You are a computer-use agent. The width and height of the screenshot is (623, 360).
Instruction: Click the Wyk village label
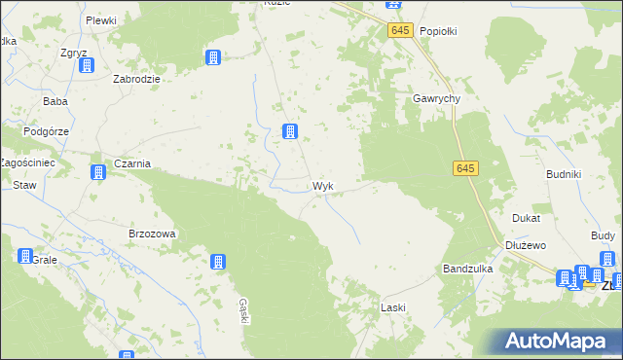tap(324, 185)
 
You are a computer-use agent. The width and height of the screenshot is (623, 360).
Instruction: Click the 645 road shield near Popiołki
tap(400, 31)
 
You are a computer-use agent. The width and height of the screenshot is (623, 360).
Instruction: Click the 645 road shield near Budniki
tap(465, 169)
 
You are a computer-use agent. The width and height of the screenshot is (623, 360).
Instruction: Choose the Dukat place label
tap(526, 219)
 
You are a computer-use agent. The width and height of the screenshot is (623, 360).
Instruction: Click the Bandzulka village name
tap(467, 268)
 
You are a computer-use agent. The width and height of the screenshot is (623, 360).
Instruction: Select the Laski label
tap(392, 307)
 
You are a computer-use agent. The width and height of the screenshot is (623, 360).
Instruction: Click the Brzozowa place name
tap(152, 234)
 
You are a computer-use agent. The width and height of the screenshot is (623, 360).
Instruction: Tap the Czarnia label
tap(132, 163)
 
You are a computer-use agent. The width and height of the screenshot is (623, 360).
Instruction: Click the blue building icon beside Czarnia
tap(98, 173)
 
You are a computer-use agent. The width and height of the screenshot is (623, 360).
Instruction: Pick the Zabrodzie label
tap(137, 79)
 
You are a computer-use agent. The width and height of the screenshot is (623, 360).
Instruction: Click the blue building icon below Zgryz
tap(87, 65)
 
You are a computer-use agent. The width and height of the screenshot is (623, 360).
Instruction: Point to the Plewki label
tap(100, 20)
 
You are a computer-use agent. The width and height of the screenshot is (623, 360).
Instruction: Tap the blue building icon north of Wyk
tap(289, 131)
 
